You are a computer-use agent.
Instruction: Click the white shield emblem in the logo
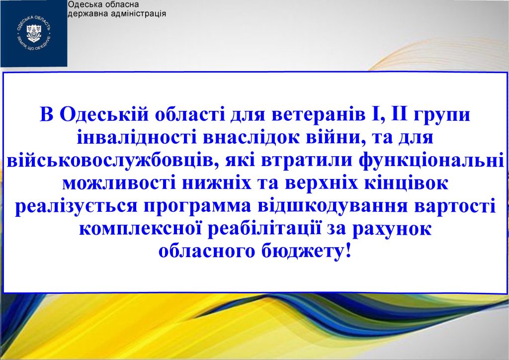(x=34, y=33)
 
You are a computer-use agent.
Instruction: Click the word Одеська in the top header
(x=82, y=4)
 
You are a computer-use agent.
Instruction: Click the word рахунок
(x=392, y=229)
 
